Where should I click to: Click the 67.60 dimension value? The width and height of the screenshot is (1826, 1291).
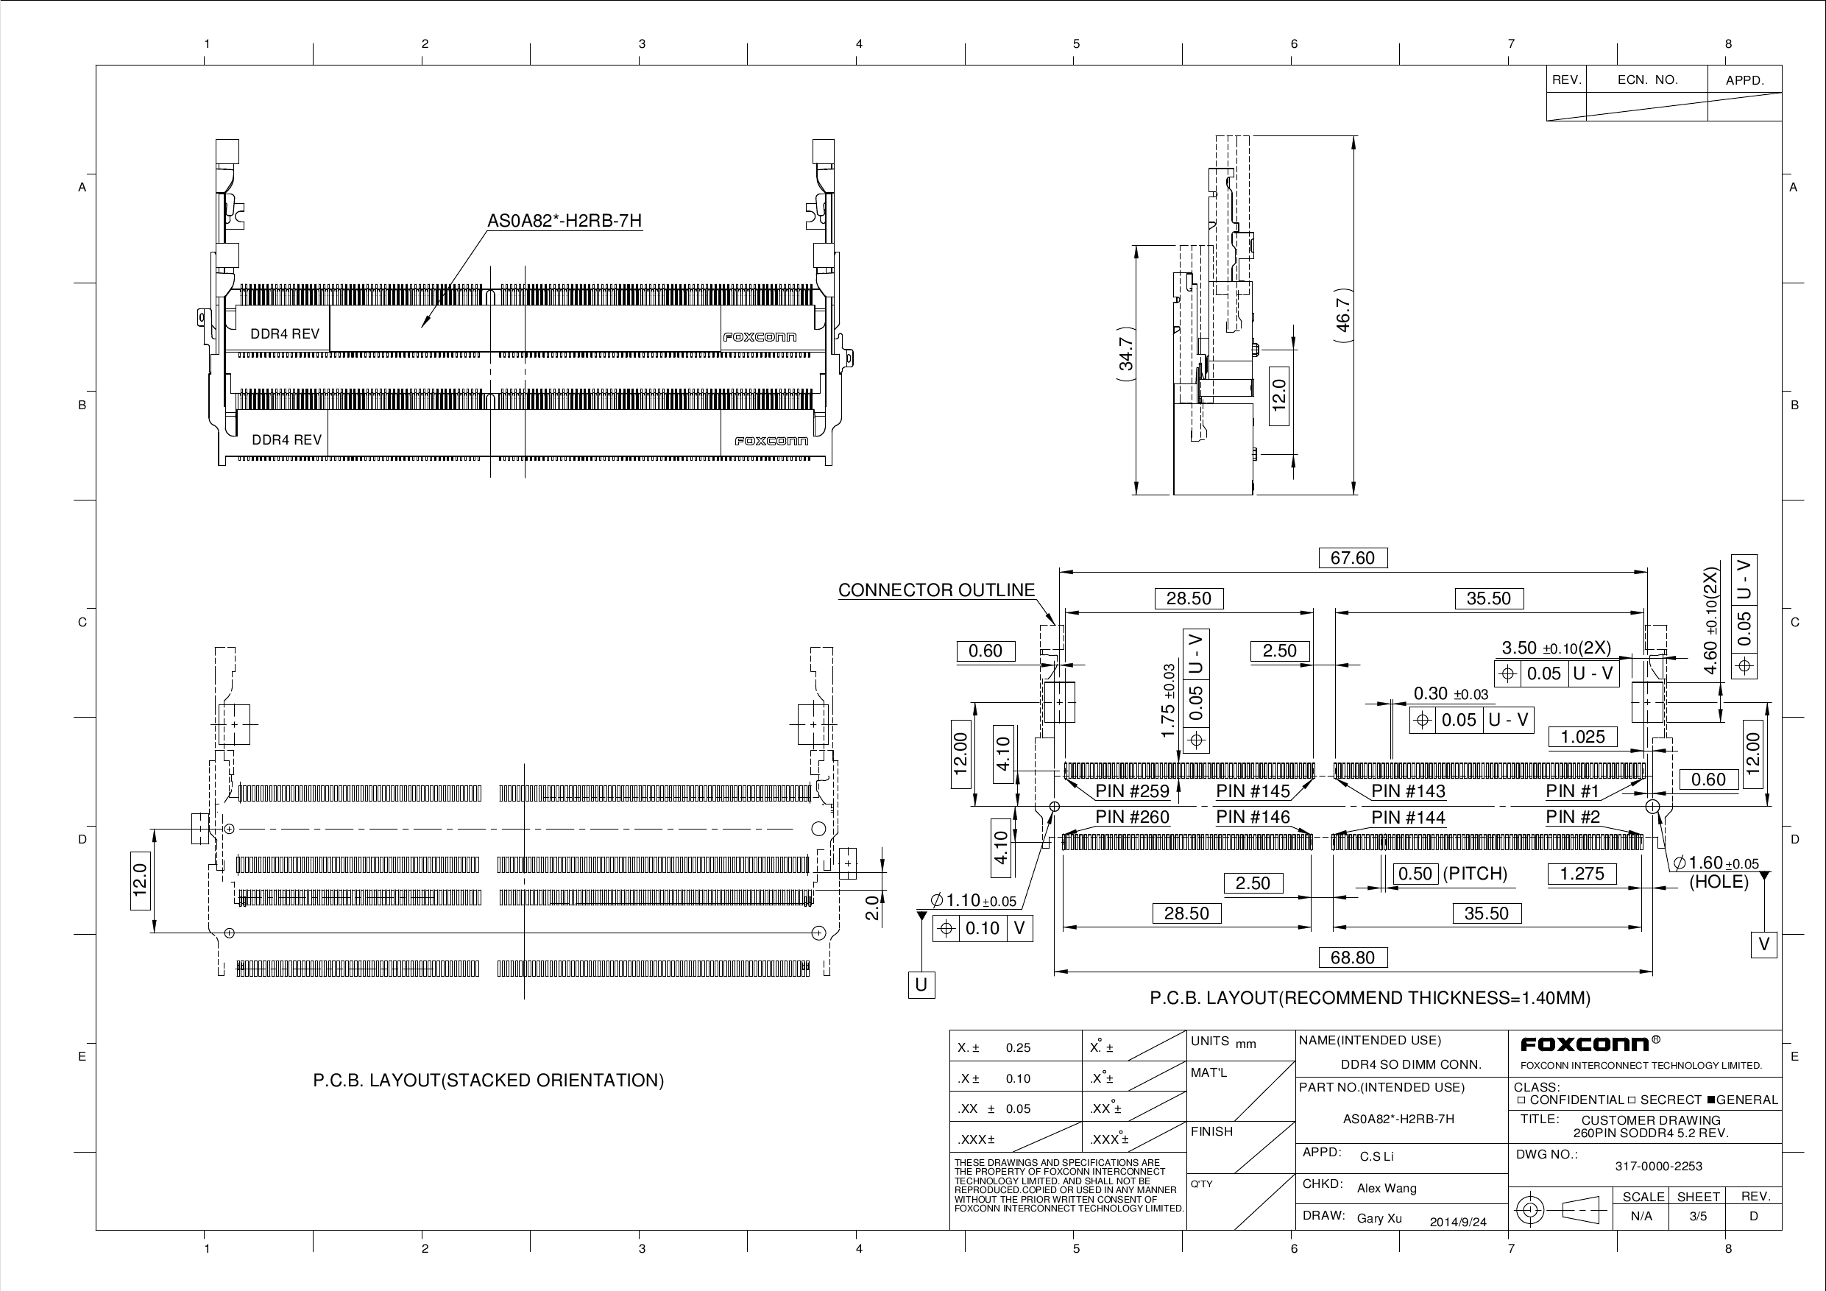coord(1352,558)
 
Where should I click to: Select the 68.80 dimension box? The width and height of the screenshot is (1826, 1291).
coord(1352,957)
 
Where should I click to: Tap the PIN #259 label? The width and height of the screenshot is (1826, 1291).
coord(1132,790)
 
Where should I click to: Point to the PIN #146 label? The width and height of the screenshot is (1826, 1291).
coord(1253,817)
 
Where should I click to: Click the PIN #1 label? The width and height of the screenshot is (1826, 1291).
coord(1571,790)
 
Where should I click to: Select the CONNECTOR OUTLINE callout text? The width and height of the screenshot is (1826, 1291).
coord(936,590)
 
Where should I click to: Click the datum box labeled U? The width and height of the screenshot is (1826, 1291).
coord(921,985)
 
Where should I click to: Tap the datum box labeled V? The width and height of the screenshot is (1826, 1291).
coord(1763,944)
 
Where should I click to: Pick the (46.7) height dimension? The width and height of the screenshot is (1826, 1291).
coord(1342,315)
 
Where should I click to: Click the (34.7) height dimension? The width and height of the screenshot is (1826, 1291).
coord(1126,354)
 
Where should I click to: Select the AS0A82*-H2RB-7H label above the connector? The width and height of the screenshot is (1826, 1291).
coord(564,220)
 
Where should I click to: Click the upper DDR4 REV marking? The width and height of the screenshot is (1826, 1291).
coord(285,334)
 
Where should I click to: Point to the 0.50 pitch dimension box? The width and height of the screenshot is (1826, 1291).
coord(1415,874)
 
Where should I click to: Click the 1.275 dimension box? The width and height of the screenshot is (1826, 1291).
coord(1582,874)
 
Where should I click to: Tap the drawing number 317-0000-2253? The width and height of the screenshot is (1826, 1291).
coord(1658,1166)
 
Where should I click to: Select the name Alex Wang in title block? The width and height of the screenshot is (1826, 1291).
coord(1386,1189)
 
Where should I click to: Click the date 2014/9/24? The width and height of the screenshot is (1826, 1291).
coord(1458,1222)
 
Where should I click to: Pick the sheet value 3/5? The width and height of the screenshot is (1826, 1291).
coord(1698,1216)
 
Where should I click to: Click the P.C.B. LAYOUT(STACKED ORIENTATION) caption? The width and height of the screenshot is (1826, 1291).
coord(487,1080)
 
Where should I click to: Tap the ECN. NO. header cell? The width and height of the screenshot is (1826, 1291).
coord(1647,79)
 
